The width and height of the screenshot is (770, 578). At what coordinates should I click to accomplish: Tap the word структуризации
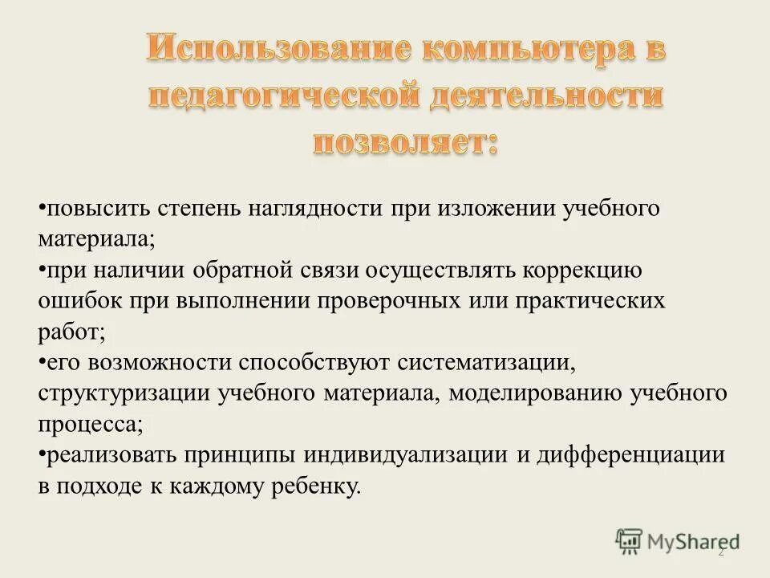(x=124, y=394)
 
